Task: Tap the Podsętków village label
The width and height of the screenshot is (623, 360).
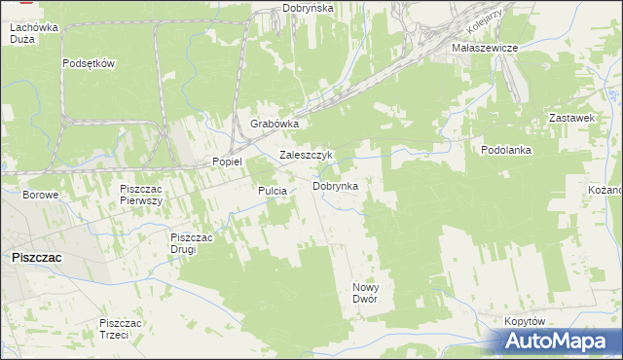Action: coord(89,64)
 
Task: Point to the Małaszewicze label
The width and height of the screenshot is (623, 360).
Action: coord(483,47)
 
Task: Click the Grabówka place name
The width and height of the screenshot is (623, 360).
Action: coord(274,125)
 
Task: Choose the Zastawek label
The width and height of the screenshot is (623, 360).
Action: coord(571,118)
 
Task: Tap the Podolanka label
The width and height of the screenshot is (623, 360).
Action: coord(505,150)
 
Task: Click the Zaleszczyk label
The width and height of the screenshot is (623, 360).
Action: coord(307,155)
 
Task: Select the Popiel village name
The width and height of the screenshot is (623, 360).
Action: coord(227,162)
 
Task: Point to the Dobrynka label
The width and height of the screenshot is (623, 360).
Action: coord(335,185)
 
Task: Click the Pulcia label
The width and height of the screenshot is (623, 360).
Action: coord(272,191)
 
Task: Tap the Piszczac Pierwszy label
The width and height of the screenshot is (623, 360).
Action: coord(140,193)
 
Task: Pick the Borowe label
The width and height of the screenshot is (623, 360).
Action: coord(41,195)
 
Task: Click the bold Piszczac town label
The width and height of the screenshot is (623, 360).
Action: coord(36,257)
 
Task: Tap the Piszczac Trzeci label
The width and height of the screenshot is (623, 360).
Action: coord(122,328)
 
